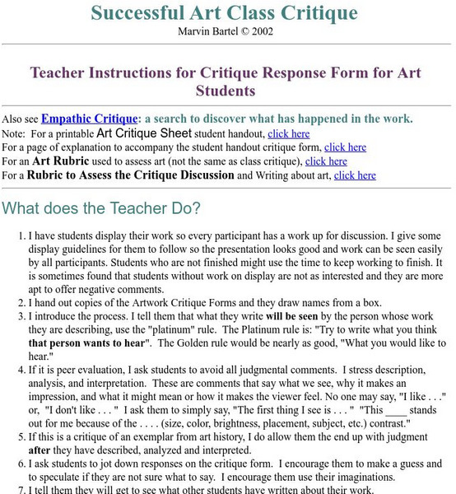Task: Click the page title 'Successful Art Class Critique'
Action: pos(224,12)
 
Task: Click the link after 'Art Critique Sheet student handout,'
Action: pos(289,133)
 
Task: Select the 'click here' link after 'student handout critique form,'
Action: pos(347,147)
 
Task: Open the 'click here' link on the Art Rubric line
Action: pos(326,161)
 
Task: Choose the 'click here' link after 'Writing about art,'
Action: pos(355,175)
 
